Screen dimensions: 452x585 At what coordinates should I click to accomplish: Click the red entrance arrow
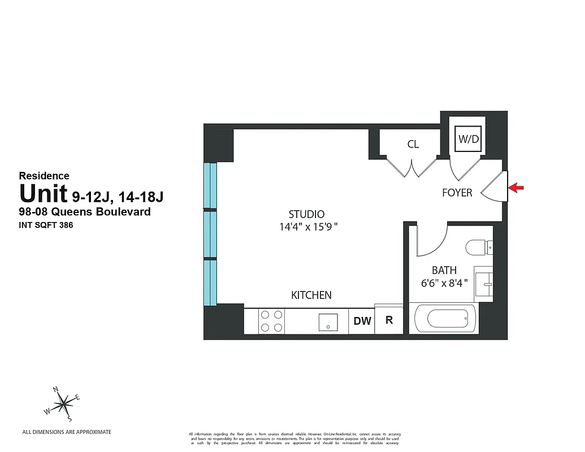[x=517, y=188]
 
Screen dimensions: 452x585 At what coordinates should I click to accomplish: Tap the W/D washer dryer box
[x=468, y=138]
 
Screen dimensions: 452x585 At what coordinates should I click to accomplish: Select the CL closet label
[x=413, y=145]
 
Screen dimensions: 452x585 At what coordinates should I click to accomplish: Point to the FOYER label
[x=457, y=193]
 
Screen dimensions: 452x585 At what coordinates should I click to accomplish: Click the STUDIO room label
[x=306, y=215]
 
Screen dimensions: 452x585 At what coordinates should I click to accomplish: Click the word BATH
[x=444, y=271]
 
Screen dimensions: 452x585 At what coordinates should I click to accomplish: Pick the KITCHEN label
[x=311, y=295]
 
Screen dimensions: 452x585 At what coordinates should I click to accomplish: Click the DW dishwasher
[x=362, y=321]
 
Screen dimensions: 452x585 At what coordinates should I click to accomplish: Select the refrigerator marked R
[x=389, y=320]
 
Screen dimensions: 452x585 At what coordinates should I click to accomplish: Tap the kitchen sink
[x=328, y=322]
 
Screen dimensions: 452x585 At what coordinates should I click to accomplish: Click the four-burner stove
[x=271, y=322]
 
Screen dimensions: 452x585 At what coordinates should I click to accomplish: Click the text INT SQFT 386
[x=47, y=225]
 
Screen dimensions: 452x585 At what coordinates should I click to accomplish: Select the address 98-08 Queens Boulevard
[x=85, y=212]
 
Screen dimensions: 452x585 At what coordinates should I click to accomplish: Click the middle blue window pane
[x=210, y=234]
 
